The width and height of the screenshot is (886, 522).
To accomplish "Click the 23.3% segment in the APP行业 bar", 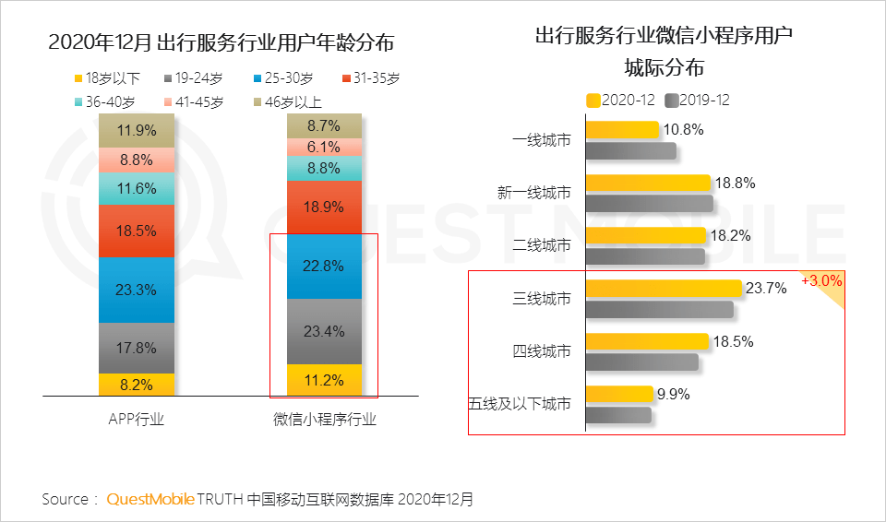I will click(137, 290).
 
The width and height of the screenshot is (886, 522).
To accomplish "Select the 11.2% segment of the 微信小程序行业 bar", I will click(323, 380).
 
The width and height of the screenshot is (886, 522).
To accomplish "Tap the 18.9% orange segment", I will click(323, 207).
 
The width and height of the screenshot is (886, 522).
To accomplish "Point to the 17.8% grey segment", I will click(137, 349).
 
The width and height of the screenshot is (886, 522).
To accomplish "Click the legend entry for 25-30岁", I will click(281, 78).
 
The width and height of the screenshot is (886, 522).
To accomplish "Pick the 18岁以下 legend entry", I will click(107, 78).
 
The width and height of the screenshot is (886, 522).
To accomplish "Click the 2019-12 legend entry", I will click(697, 100).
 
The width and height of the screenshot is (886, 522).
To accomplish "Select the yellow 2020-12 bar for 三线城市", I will click(664, 289).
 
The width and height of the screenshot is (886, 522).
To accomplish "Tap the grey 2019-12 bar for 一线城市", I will click(630, 150).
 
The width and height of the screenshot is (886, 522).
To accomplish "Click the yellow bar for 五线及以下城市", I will click(619, 395).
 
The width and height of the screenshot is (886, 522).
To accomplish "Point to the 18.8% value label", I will click(736, 183).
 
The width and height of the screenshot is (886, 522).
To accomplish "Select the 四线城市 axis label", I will click(542, 351).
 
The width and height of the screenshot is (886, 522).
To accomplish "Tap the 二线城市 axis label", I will click(542, 245).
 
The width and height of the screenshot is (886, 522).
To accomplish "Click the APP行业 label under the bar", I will click(137, 420).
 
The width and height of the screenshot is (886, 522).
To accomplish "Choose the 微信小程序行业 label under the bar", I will click(325, 420).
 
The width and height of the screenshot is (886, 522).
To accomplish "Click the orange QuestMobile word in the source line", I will click(150, 499).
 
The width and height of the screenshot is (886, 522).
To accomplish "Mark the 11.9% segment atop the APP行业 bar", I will click(137, 130).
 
